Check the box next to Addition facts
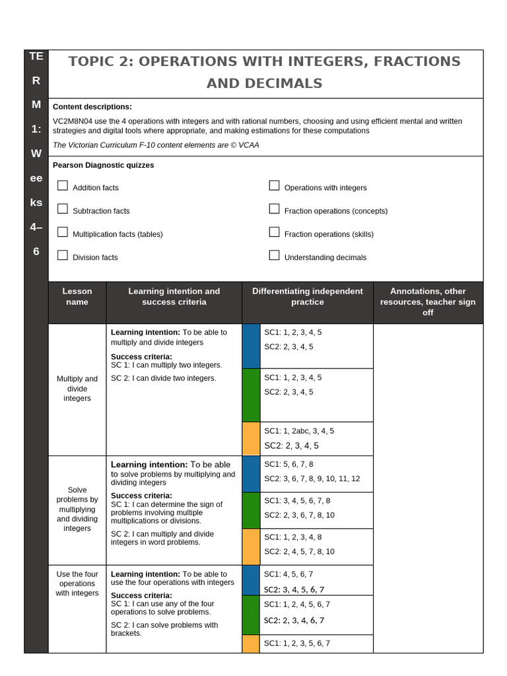coord(63,186)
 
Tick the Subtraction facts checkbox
coord(63,209)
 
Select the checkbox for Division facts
coord(63,255)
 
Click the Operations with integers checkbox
coord(275,186)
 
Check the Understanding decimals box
coord(275,255)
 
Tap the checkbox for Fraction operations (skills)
coord(275,232)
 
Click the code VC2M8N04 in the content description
coord(74,121)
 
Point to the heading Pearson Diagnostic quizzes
coord(103,165)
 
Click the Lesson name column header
coord(77,296)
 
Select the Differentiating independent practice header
coord(307,296)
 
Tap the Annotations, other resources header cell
coord(428,302)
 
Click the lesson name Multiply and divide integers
coord(77,389)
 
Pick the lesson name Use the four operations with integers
coord(77,584)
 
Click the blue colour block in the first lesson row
coord(251,346)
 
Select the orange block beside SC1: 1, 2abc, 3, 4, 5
coord(251,438)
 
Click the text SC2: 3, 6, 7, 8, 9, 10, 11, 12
coord(312,479)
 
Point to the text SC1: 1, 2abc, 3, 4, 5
coord(299,431)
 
